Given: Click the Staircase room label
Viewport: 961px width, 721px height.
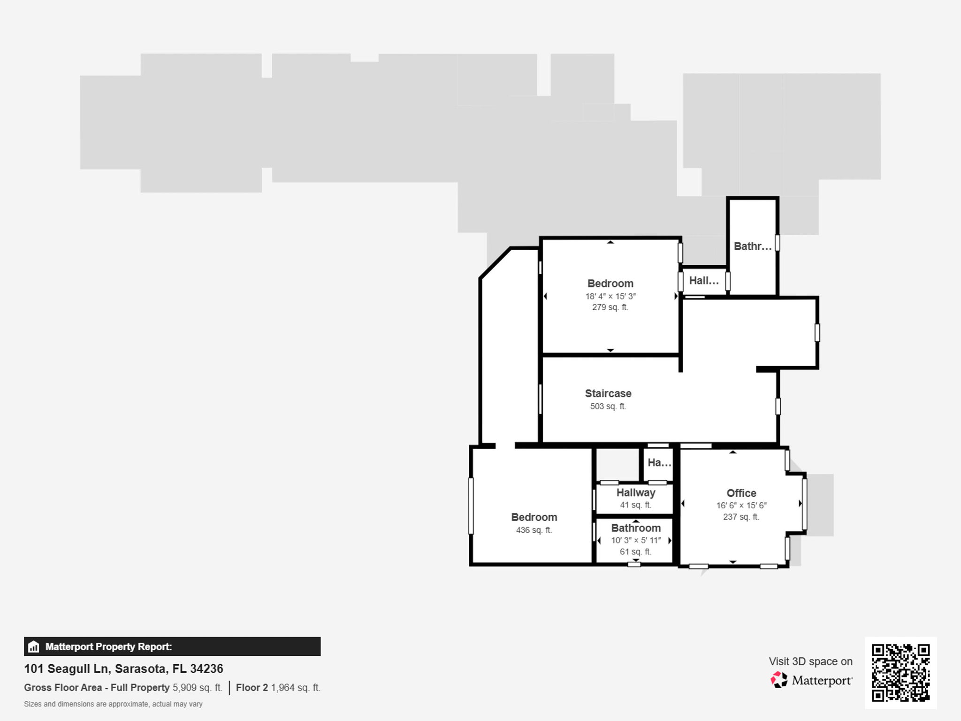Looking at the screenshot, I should pyautogui.click(x=608, y=393).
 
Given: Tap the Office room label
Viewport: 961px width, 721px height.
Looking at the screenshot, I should pyautogui.click(x=741, y=493).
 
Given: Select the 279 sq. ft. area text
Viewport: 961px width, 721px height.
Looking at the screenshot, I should pyautogui.click(x=610, y=307).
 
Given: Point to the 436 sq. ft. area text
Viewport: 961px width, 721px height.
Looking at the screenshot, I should pyautogui.click(x=534, y=530).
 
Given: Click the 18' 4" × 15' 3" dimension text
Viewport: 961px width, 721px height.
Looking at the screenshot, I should pyautogui.click(x=610, y=296).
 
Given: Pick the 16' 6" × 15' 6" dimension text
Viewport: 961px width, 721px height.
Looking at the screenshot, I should pyautogui.click(x=741, y=506).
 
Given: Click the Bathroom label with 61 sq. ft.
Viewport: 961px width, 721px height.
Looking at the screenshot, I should pyautogui.click(x=635, y=528).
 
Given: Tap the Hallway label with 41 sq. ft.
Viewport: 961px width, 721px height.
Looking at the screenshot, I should pyautogui.click(x=635, y=492).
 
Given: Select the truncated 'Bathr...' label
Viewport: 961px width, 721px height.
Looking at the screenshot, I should pyautogui.click(x=752, y=246).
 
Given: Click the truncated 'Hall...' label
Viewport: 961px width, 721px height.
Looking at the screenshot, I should pyautogui.click(x=703, y=281).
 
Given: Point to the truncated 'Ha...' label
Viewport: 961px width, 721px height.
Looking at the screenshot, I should pyautogui.click(x=659, y=463).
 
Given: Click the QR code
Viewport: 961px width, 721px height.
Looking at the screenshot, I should pyautogui.click(x=900, y=673).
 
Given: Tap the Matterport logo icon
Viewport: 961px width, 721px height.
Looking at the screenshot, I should pyautogui.click(x=779, y=680).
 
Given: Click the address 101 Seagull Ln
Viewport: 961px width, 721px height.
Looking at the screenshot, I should pyautogui.click(x=123, y=668).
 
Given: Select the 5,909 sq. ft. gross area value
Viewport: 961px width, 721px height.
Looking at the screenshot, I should pyautogui.click(x=197, y=688).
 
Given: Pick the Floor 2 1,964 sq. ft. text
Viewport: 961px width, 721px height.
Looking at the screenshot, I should pyautogui.click(x=278, y=688).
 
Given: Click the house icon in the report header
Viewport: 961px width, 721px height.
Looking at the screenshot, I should pyautogui.click(x=34, y=647).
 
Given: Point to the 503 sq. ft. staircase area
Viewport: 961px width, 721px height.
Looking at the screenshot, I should pyautogui.click(x=608, y=407).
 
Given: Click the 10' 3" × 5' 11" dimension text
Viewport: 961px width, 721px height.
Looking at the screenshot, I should pyautogui.click(x=635, y=540).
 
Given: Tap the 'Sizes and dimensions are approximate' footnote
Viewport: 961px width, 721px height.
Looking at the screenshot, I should pyautogui.click(x=113, y=704).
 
